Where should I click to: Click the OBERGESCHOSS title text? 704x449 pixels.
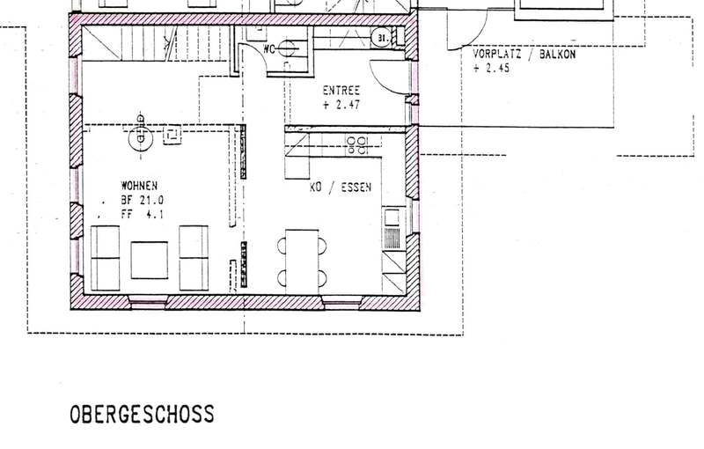[x=142, y=414]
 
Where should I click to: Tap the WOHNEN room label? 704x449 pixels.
[x=139, y=186]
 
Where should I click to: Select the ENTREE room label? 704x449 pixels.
[x=341, y=91]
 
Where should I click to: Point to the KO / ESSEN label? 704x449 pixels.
[x=341, y=187]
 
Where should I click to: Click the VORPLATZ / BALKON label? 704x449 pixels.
[x=524, y=54]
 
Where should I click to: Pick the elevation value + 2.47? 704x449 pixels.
[x=341, y=105]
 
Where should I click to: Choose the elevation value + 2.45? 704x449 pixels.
[x=491, y=69]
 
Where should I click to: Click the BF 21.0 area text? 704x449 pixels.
[x=142, y=200]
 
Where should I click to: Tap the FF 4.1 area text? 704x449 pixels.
[x=142, y=215]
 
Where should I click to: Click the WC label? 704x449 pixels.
[x=269, y=48]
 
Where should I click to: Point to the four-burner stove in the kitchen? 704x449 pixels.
[x=357, y=145]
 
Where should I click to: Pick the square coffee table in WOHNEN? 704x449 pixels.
[x=150, y=260]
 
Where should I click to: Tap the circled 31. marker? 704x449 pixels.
[x=382, y=38]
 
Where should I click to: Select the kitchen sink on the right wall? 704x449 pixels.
[x=392, y=228]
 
